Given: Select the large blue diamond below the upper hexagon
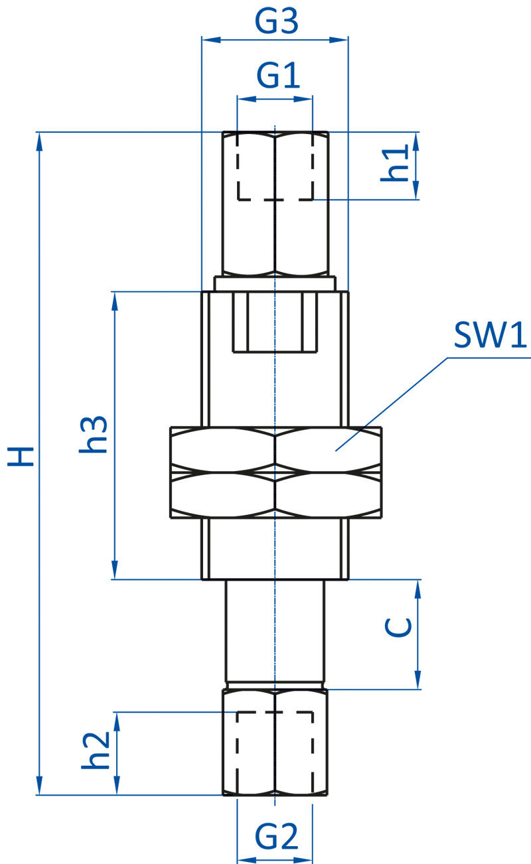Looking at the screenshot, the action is [x=275, y=389].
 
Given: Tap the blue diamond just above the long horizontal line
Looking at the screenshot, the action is [x=275, y=548].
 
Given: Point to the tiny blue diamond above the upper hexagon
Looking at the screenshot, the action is [x=275, y=284].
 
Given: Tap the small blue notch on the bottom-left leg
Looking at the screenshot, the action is [x=230, y=710].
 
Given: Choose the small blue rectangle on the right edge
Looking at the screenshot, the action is [x=509, y=339].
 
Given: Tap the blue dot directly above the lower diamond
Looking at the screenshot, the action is [x=275, y=514].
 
